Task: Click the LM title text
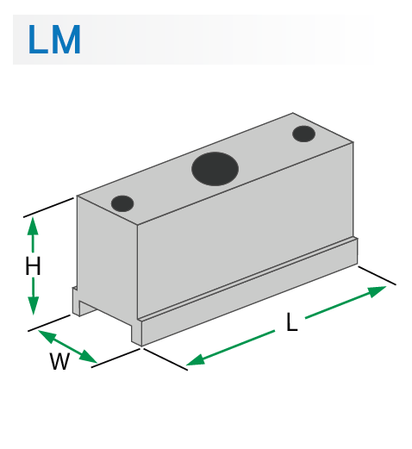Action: coord(53,41)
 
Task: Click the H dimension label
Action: coord(33,267)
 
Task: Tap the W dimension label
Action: coord(59,362)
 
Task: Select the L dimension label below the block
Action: coord(291,324)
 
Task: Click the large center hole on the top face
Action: coord(215,167)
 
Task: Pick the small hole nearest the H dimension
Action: coord(122,203)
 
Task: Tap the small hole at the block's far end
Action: coord(303,134)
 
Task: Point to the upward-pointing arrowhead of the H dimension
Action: coord(33,225)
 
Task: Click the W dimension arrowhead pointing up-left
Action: coord(43,334)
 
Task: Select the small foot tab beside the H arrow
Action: coord(79,302)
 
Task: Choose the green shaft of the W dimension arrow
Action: coord(66,346)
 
